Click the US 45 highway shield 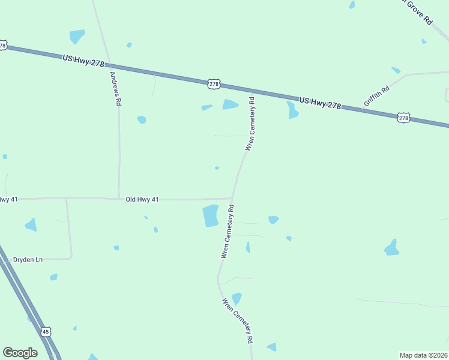click(46, 332)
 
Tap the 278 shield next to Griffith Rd click(403, 118)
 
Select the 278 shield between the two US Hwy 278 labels click(214, 84)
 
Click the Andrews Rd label click(115, 89)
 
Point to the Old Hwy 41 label click(142, 199)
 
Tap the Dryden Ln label click(28, 260)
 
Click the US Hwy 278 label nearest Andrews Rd click(83, 61)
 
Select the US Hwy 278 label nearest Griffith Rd click(320, 103)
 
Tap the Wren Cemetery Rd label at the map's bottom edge click(238, 320)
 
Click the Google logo click(20, 353)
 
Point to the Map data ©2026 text click(423, 355)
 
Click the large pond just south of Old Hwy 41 click(210, 216)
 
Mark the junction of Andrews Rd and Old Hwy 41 click(119, 198)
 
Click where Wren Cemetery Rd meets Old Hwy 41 click(232, 198)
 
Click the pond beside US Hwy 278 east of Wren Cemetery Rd click(292, 110)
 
